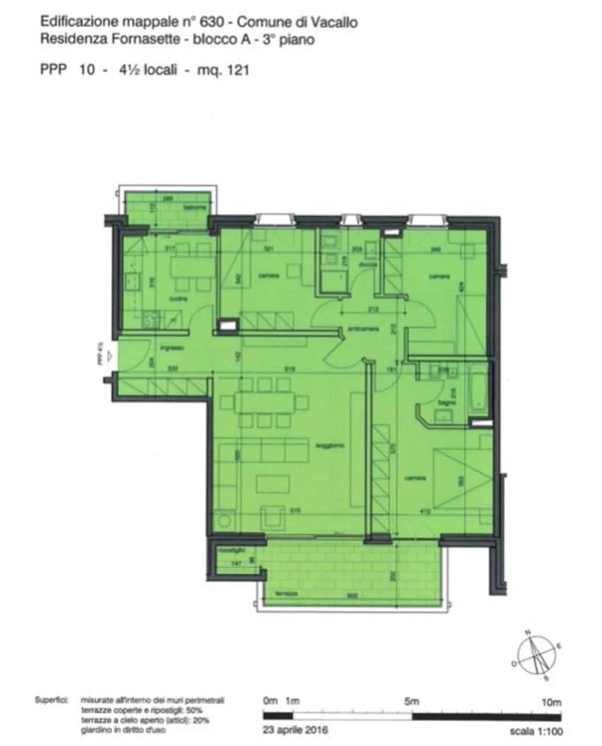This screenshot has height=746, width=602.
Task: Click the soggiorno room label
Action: click(x=330, y=446)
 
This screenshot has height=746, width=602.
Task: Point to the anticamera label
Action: click(x=364, y=329)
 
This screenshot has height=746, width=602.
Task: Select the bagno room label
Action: click(x=444, y=403)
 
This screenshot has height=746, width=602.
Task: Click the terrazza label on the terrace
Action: click(x=286, y=594)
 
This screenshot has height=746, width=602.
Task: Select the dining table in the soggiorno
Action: click(x=265, y=402)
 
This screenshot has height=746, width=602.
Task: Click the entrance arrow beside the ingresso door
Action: click(x=110, y=356)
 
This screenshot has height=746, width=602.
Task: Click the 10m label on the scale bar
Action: click(x=551, y=702)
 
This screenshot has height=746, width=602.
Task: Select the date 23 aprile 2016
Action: click(x=295, y=730)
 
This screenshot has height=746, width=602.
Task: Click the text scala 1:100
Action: click(x=536, y=731)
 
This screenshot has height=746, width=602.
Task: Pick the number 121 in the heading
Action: click(x=238, y=70)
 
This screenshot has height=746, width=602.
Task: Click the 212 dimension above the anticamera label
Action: click(x=373, y=310)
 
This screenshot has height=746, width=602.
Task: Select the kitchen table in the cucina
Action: click(x=193, y=267)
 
